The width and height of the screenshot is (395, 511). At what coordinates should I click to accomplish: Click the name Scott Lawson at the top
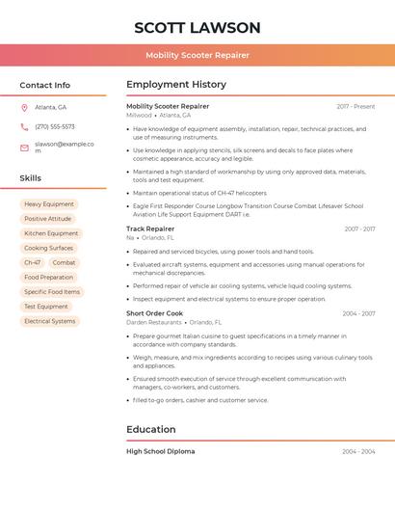tap(197, 27)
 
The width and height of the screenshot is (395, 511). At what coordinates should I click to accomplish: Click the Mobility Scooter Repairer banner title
tap(197, 55)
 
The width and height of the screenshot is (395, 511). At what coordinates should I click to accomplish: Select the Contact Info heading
tap(45, 85)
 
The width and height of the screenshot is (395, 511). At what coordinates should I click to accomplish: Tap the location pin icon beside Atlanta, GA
tap(24, 107)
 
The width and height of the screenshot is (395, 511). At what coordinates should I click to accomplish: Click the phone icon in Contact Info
tap(24, 126)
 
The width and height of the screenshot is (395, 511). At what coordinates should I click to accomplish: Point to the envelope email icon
tap(24, 147)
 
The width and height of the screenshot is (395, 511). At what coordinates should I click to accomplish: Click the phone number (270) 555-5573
tap(55, 126)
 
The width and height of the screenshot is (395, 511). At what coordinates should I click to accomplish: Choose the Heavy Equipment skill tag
tap(49, 204)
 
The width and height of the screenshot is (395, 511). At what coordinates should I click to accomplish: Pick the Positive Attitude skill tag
tap(48, 219)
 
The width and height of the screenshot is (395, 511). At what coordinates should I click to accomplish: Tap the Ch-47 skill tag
tap(33, 262)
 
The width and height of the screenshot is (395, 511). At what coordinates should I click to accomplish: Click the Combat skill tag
tap(65, 262)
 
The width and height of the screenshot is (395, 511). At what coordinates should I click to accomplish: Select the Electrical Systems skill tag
tap(50, 321)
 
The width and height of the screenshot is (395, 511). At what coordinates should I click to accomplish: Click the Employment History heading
tap(176, 85)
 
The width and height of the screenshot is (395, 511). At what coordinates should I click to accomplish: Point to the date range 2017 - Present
tap(355, 106)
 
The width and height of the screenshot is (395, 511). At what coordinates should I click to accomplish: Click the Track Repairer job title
tap(150, 229)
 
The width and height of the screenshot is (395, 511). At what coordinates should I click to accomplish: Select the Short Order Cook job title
tap(154, 313)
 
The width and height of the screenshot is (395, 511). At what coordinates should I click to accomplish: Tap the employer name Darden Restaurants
tap(153, 322)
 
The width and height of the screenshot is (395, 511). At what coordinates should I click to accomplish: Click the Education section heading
tap(151, 429)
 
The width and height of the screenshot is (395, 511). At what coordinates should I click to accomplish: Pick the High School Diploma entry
tap(161, 451)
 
